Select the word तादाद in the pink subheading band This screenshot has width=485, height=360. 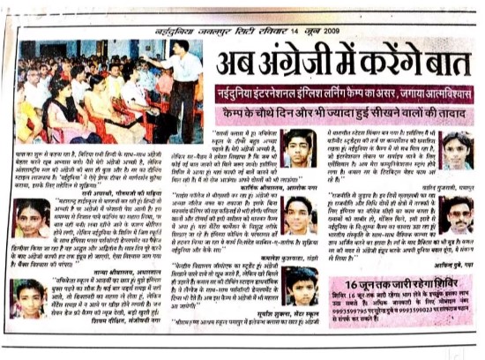[x=451, y=112]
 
